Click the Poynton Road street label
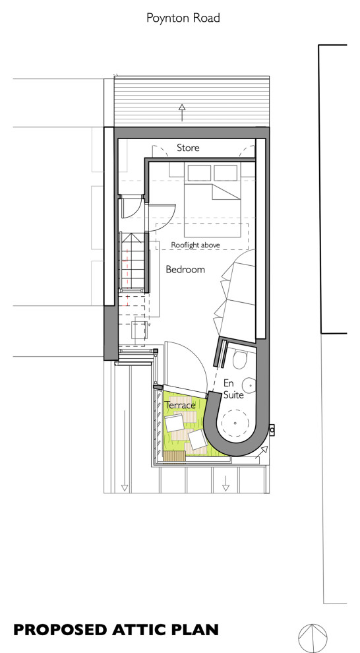click(183, 18)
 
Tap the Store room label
click(188, 148)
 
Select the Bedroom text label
click(185, 270)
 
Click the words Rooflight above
click(196, 245)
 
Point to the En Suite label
click(233, 389)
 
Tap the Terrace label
click(180, 405)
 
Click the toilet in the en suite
click(240, 359)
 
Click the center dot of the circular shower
click(235, 423)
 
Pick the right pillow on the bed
click(225, 172)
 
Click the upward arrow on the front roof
click(182, 112)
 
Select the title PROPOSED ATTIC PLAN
click(116, 630)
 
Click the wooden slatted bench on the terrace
click(174, 456)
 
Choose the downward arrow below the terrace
click(226, 483)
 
